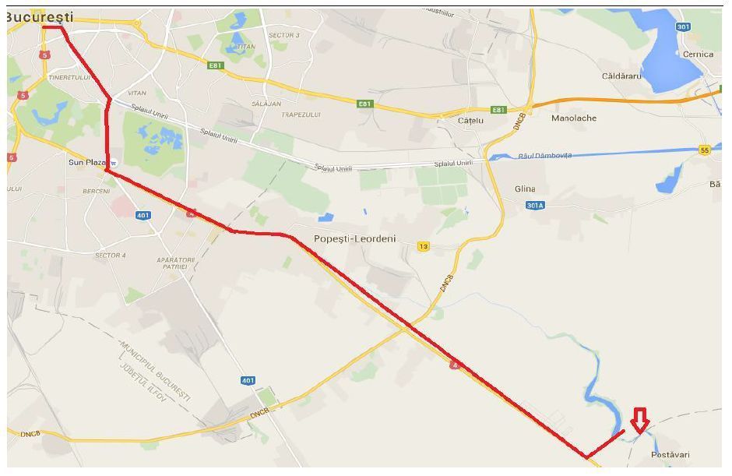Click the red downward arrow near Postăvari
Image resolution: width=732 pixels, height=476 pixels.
click(x=639, y=421)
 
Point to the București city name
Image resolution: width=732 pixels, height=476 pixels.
click(x=40, y=16)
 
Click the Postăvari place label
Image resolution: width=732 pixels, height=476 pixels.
click(x=670, y=454)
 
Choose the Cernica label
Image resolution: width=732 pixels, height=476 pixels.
click(x=697, y=55)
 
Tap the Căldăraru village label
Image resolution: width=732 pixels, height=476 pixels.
click(x=621, y=76)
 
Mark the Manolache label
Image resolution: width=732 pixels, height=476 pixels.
click(x=573, y=118)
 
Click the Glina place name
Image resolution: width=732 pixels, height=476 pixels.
click(x=526, y=189)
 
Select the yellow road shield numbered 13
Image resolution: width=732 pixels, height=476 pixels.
click(x=423, y=247)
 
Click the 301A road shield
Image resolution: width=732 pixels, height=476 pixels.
click(x=533, y=206)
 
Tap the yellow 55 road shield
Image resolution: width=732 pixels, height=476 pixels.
click(x=705, y=150)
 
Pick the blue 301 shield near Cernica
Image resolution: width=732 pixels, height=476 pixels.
click(x=683, y=27)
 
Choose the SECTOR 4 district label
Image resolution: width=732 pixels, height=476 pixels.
click(x=110, y=256)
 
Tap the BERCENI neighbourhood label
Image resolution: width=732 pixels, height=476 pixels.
click(x=96, y=191)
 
